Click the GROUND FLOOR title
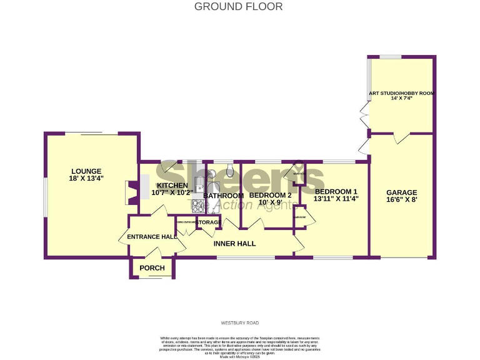click(x=238, y=7)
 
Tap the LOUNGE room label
click(x=86, y=171)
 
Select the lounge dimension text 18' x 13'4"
click(x=86, y=179)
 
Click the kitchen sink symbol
click(x=199, y=182)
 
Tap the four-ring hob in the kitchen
click(x=199, y=205)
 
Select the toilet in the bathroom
click(x=230, y=170)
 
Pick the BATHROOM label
click(x=223, y=196)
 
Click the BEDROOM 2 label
click(x=270, y=196)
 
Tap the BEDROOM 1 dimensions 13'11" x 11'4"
click(x=336, y=199)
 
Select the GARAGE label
click(x=401, y=192)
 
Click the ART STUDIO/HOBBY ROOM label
click(x=401, y=93)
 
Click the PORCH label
click(x=152, y=268)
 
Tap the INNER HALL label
click(x=235, y=243)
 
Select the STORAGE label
click(x=208, y=222)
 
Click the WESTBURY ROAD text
click(x=239, y=323)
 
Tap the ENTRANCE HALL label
click(x=152, y=237)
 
